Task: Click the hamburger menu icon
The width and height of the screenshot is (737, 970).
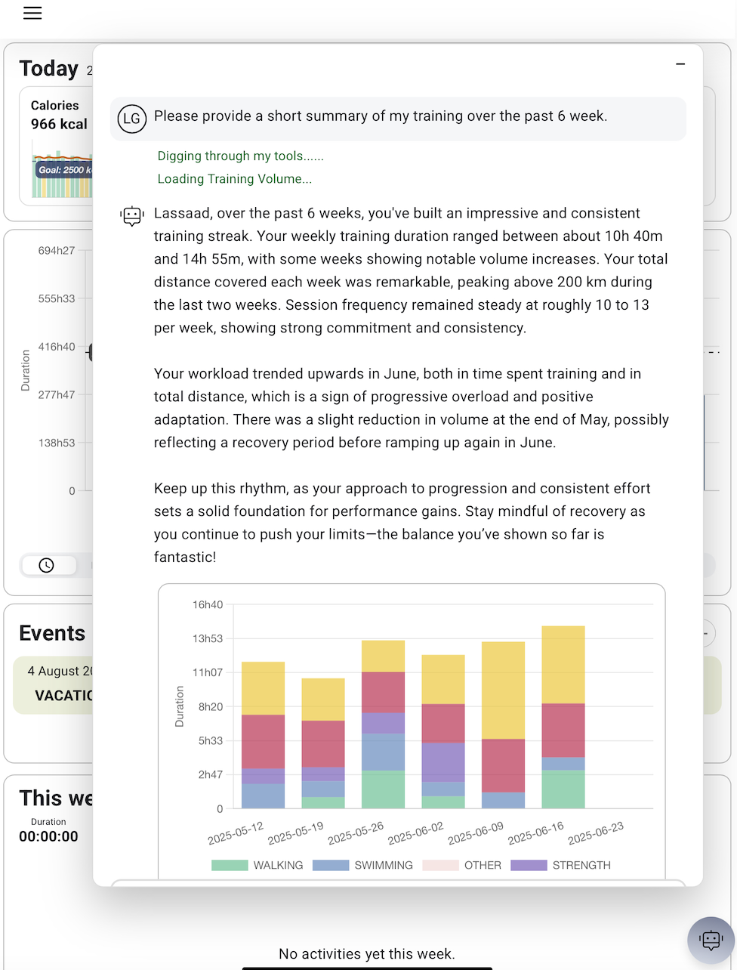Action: point(32,13)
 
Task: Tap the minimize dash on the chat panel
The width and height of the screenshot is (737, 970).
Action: point(680,65)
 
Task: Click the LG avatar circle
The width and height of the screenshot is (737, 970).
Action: point(132,119)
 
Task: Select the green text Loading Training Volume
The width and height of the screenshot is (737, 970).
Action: point(234,179)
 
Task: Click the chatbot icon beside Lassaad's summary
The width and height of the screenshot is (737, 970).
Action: point(132,217)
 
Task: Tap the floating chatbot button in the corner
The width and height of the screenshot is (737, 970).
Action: point(711,940)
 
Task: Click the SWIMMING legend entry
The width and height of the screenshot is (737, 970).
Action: point(363,865)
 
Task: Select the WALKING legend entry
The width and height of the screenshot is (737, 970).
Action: point(257,865)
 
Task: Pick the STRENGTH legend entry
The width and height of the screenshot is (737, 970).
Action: point(561,865)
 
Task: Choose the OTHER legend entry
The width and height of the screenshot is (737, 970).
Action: point(462,865)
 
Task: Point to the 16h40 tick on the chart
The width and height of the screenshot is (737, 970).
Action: point(208,604)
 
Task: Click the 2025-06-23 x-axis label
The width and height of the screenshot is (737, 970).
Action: point(596,833)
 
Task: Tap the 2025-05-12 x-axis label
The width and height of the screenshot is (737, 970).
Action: point(236,833)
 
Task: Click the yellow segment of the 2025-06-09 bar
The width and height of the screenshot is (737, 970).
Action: point(503,690)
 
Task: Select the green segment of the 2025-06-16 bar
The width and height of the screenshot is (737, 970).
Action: point(563,789)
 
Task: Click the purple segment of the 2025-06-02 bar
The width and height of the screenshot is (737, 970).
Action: point(443,761)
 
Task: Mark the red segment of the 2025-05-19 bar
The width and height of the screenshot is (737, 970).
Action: point(323,743)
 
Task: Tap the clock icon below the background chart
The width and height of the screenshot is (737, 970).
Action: point(47,565)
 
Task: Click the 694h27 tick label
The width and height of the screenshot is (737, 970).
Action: point(57,251)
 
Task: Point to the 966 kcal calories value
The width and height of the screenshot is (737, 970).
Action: point(59,124)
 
